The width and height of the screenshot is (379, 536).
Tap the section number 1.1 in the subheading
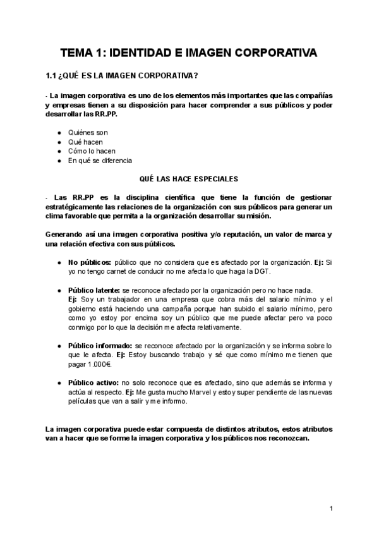[x=51, y=77]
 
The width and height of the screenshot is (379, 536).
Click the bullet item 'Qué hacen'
[x=85, y=142]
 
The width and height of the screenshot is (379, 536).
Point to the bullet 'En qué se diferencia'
[x=100, y=161]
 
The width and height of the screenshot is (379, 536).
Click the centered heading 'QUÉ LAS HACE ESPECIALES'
[x=189, y=179]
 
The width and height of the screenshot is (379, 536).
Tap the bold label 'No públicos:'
[x=90, y=262]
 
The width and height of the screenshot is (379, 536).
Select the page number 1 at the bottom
[x=331, y=508]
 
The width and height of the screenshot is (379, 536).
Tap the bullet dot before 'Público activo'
[x=59, y=384]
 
